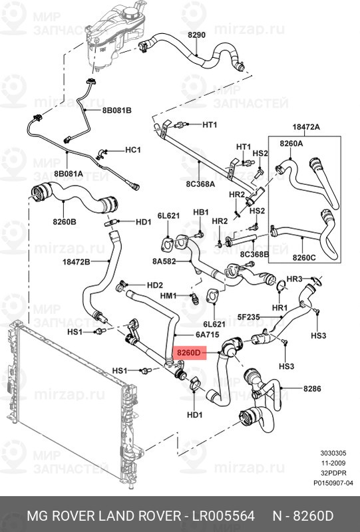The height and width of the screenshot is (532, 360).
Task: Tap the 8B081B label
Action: click(x=117, y=110)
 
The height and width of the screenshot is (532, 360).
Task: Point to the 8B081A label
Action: click(x=69, y=174)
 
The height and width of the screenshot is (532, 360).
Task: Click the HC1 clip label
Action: click(x=133, y=150)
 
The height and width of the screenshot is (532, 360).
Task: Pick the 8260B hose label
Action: click(x=63, y=221)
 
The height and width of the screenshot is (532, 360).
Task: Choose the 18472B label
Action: click(x=76, y=262)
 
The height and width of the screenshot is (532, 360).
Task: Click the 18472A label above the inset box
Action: click(x=305, y=126)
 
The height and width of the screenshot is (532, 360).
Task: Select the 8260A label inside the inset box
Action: click(x=291, y=143)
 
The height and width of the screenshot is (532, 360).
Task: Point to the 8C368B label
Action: click(x=254, y=253)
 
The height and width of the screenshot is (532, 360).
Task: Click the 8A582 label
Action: click(x=163, y=261)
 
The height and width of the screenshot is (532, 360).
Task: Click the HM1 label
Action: click(x=169, y=295)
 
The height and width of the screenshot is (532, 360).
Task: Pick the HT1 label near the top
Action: click(x=210, y=124)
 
